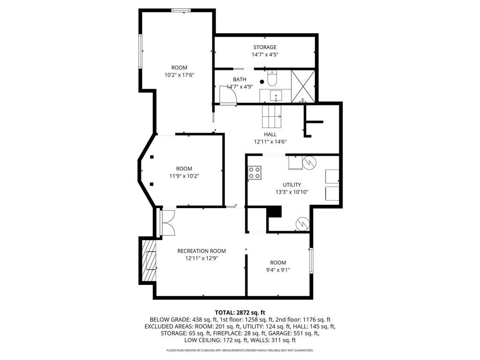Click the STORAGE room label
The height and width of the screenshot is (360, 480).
click(x=265, y=47)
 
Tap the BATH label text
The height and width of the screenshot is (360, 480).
click(x=240, y=79)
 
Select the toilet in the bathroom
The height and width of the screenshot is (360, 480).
click(x=272, y=78)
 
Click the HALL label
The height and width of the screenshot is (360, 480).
click(x=270, y=135)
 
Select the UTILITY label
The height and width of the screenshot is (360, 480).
click(x=292, y=185)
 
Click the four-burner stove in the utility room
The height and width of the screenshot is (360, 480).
click(x=255, y=172)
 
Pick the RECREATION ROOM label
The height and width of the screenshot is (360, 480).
click(x=202, y=251)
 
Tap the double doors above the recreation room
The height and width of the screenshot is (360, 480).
click(x=167, y=222)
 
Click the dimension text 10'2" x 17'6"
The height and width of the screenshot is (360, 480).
click(x=179, y=75)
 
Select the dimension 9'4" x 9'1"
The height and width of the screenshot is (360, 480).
click(x=278, y=270)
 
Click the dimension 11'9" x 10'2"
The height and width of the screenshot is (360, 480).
click(x=184, y=176)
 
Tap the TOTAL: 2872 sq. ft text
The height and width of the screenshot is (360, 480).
click(x=240, y=312)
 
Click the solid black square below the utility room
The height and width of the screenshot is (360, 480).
click(x=274, y=212)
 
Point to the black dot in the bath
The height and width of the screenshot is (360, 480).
click(x=262, y=81)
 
